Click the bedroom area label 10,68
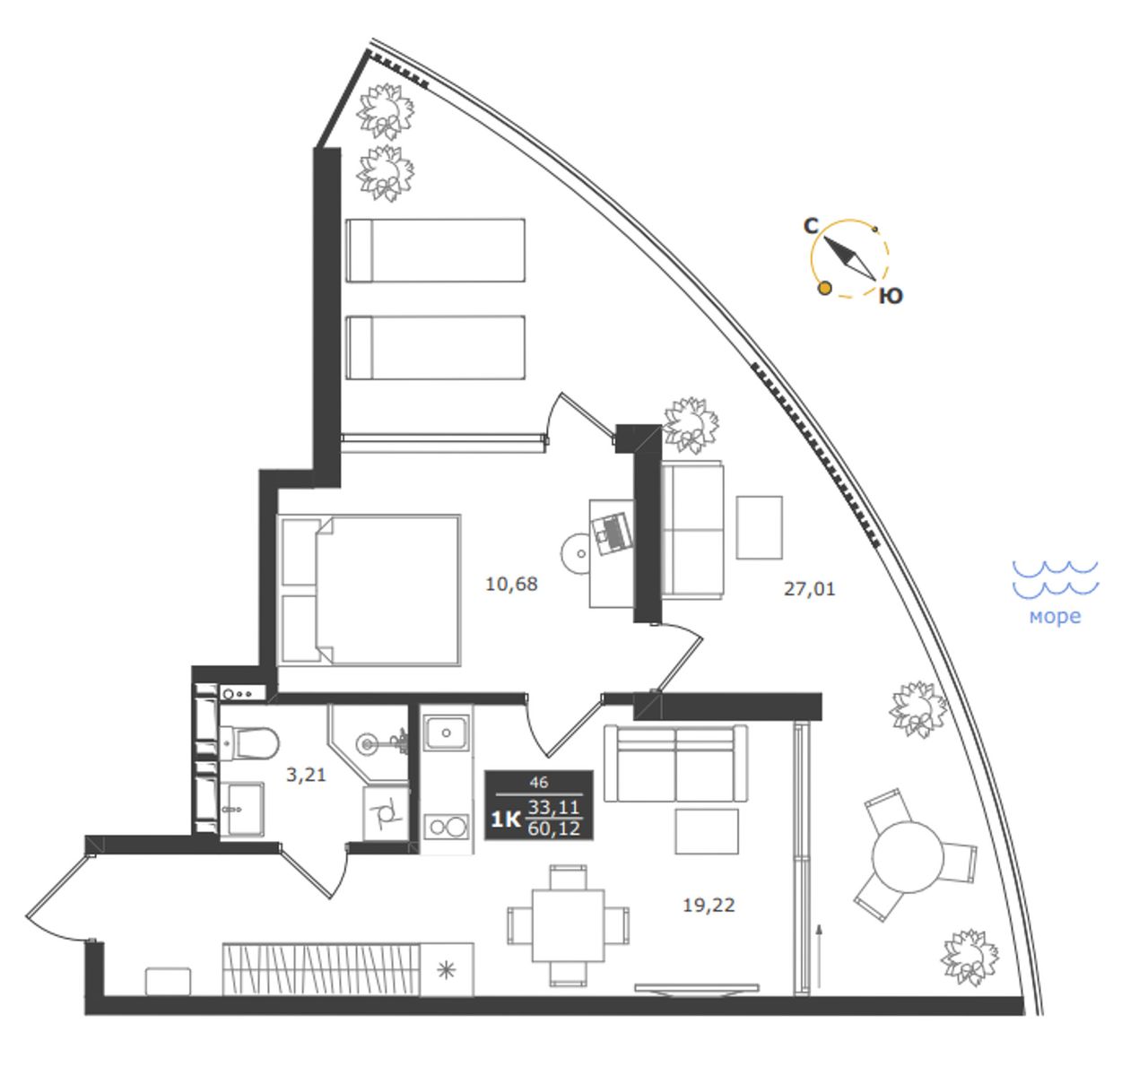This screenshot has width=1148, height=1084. click(511, 585)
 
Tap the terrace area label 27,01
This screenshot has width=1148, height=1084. click(809, 589)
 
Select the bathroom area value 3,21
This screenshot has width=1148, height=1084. click(306, 775)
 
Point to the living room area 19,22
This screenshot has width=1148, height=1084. click(709, 905)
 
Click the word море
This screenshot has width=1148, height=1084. click(1055, 617)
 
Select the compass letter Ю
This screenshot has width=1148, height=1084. click(891, 296)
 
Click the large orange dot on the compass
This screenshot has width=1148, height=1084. click(825, 288)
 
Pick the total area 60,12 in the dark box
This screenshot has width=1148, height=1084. click(553, 829)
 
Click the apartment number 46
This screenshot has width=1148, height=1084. click(539, 783)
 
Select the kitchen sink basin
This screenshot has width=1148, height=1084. click(447, 733)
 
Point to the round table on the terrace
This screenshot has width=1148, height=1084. click(908, 858)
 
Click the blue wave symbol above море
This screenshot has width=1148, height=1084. click(1055, 577)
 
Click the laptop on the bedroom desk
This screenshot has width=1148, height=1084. click(612, 530)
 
